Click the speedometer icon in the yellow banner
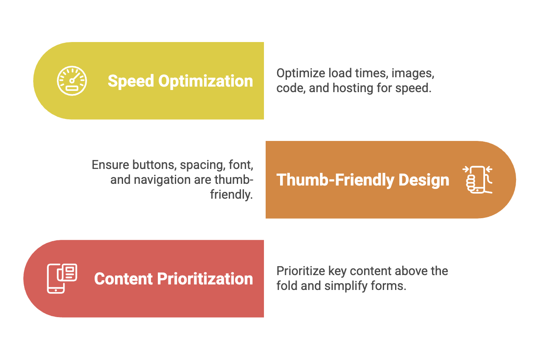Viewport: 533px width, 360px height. tap(72, 81)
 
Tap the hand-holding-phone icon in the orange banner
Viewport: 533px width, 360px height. tap(477, 180)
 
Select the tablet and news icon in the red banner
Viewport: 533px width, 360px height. tap(62, 278)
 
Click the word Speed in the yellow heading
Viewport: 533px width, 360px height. tap(131, 81)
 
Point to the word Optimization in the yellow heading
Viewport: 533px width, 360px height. tap(205, 81)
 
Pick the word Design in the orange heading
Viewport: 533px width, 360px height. tap(424, 180)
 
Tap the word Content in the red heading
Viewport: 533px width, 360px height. tap(123, 279)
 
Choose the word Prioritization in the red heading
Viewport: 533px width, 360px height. tap(205, 279)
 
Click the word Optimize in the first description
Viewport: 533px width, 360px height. tap(300, 73)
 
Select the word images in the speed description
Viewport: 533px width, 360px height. tap(413, 73)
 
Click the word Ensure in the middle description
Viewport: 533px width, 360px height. tap(110, 165)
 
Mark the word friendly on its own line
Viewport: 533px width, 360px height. tap(231, 194)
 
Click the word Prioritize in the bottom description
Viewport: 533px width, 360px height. tap(301, 271)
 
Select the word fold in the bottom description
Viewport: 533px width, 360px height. tap(287, 286)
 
